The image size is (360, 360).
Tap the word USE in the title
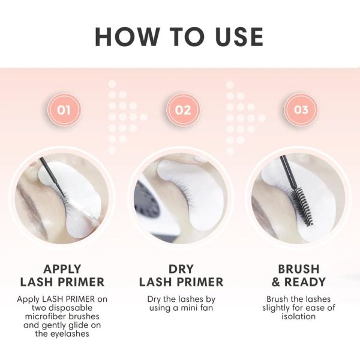click(x=239, y=37)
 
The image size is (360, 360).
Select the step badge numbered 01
click(x=64, y=110)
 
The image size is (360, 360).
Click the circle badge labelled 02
click(x=183, y=110)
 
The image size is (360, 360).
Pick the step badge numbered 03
click(x=301, y=110)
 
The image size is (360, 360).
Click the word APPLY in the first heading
click(x=62, y=269)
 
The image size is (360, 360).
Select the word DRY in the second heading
click(x=181, y=269)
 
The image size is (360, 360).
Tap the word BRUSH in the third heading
click(x=299, y=269)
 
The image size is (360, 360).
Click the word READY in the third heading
click(x=305, y=282)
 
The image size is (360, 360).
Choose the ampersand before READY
click(x=276, y=282)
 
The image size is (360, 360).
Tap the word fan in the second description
click(x=206, y=308)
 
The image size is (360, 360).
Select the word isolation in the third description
click(x=298, y=316)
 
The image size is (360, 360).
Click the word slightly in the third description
click(x=277, y=308)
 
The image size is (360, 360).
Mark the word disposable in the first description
click(x=70, y=308)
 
